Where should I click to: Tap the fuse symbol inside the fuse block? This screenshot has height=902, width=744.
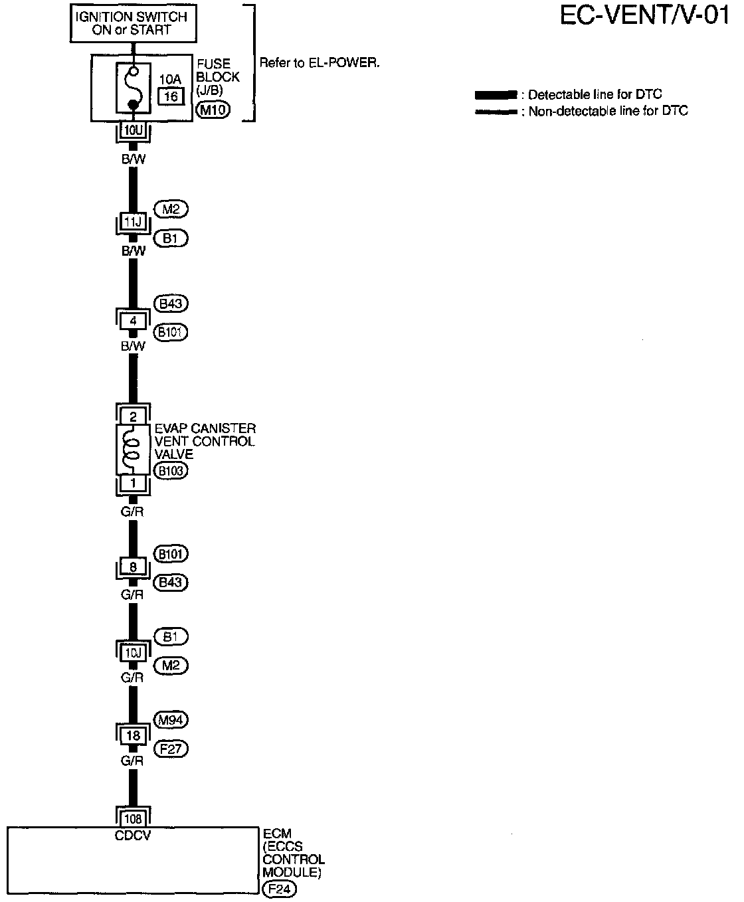click(134, 87)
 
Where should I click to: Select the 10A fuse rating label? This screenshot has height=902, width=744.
click(170, 80)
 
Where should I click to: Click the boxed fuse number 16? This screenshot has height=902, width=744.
click(171, 97)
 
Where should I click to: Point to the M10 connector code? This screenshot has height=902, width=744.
click(213, 110)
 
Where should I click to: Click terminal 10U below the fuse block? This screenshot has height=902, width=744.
click(134, 130)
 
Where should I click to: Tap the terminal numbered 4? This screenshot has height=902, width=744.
click(134, 321)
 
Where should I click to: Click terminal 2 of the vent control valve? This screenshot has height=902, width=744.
click(134, 416)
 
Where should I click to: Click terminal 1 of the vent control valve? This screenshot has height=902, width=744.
click(134, 484)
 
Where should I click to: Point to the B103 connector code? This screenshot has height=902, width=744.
click(171, 471)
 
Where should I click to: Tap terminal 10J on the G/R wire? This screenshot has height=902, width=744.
click(134, 653)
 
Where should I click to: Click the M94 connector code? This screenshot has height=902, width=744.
click(171, 719)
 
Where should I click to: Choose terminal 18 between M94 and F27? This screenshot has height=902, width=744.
click(134, 735)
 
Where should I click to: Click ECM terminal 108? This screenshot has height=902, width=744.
click(134, 819)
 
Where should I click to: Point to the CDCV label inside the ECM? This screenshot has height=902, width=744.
click(133, 835)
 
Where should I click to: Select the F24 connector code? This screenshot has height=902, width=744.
click(279, 889)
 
